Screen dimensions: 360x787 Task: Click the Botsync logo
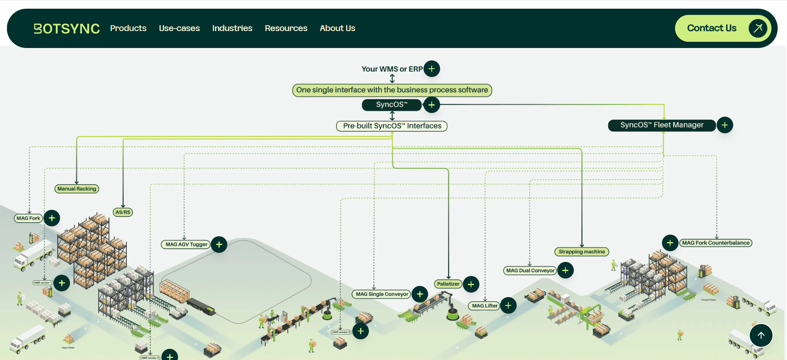click(x=67, y=29)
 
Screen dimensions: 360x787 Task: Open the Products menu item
click(x=128, y=28)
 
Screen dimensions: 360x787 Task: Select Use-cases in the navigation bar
click(x=179, y=28)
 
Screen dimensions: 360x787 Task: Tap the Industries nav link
click(x=232, y=28)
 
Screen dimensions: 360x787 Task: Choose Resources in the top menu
click(x=286, y=28)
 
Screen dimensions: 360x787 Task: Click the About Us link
click(x=337, y=28)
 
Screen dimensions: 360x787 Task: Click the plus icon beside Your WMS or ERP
click(x=431, y=69)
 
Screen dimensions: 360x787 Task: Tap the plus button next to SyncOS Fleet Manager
click(x=724, y=125)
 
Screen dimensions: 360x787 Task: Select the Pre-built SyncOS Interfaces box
click(x=392, y=126)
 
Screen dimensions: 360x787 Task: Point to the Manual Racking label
click(x=77, y=189)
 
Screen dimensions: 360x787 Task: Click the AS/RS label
click(x=123, y=212)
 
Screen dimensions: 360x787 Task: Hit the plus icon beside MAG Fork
click(x=52, y=218)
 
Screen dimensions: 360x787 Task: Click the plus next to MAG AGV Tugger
click(x=219, y=245)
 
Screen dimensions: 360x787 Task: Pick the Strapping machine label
click(x=582, y=252)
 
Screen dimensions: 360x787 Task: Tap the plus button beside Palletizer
click(x=471, y=284)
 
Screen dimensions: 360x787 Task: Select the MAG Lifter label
click(x=484, y=306)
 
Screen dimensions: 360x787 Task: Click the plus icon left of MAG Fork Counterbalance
click(x=670, y=243)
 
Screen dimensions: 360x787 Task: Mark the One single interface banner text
click(x=392, y=90)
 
